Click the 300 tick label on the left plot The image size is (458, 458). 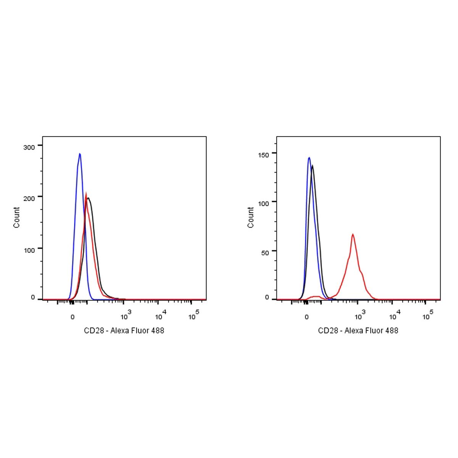pyautogui.click(x=29, y=147)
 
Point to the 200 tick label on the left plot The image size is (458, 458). pyautogui.click(x=29, y=197)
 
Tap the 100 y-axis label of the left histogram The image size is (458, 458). pyautogui.click(x=29, y=249)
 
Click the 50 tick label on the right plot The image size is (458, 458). pyautogui.click(x=265, y=252)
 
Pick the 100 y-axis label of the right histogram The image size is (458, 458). pyautogui.click(x=264, y=203)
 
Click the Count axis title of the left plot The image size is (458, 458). pyautogui.click(x=17, y=218)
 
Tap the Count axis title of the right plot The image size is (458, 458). pyautogui.click(x=251, y=218)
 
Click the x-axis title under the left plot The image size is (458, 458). pyautogui.click(x=124, y=331)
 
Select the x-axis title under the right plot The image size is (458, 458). pyautogui.click(x=358, y=331)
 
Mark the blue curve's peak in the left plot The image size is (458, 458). pyautogui.click(x=80, y=154)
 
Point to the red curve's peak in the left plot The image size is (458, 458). pyautogui.click(x=86, y=193)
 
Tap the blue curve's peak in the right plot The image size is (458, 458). pyautogui.click(x=309, y=157)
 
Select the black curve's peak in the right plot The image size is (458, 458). pyautogui.click(x=313, y=166)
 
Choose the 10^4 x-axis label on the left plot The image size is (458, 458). pyautogui.click(x=160, y=315)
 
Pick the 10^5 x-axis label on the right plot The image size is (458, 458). pyautogui.click(x=428, y=315)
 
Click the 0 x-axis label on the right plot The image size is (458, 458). pyautogui.click(x=306, y=317)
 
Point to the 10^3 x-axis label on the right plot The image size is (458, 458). pyautogui.click(x=360, y=315)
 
